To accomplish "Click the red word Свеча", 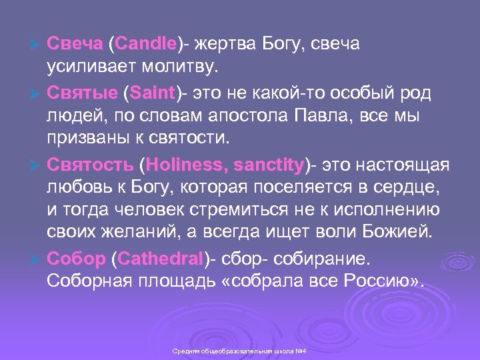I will tap(74, 44).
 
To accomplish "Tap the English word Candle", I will tap(146, 44).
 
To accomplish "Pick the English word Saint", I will tap(153, 91).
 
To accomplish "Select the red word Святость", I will tap(90, 164).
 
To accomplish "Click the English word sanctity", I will tap(267, 164).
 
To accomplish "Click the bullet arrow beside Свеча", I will tap(37, 45).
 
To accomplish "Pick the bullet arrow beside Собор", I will tap(37, 259).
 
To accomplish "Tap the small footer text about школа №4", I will tap(239, 351).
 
